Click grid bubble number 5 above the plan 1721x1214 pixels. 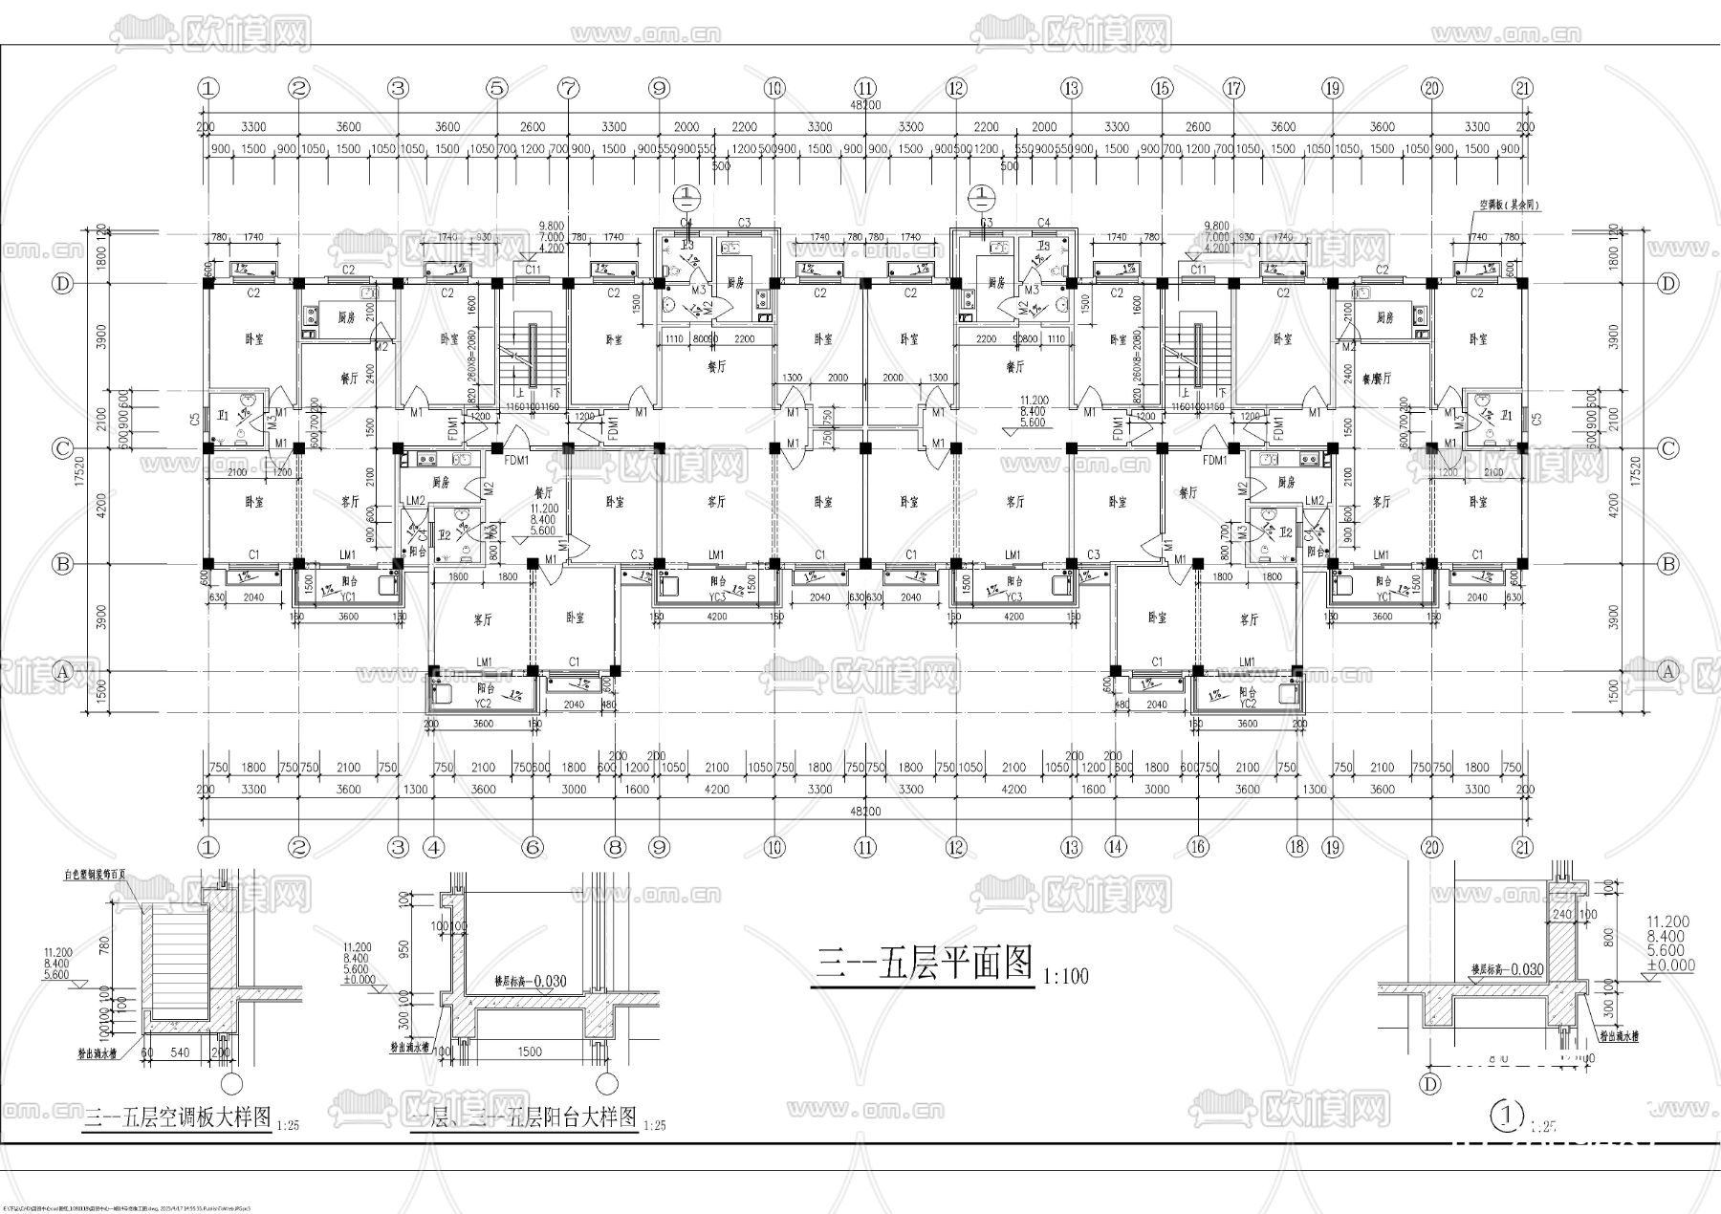click(495, 88)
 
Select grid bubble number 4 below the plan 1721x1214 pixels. click(434, 847)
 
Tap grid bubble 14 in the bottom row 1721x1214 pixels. click(1115, 847)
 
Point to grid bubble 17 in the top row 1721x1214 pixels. click(1234, 88)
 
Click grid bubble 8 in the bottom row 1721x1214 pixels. click(616, 847)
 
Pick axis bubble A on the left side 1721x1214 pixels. click(63, 671)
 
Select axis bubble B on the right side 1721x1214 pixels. click(1668, 564)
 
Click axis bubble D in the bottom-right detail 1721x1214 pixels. click(1430, 1084)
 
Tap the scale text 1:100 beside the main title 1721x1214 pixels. click(1065, 977)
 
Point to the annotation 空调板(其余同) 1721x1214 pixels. click(1510, 206)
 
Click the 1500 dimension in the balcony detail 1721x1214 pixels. click(530, 1051)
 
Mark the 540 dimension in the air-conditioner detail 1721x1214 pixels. click(179, 1051)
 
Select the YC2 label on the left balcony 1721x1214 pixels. click(483, 703)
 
